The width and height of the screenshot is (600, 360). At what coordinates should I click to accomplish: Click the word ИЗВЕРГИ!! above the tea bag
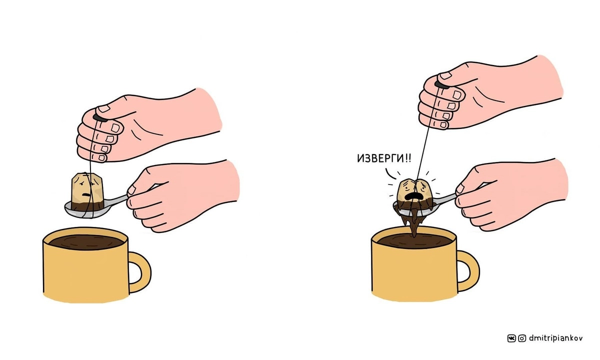pos(384,158)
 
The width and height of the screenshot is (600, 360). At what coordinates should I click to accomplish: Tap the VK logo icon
pos(511,338)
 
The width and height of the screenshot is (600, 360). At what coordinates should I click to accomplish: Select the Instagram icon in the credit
pos(522,338)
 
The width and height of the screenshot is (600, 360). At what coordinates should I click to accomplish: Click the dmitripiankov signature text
pos(556,338)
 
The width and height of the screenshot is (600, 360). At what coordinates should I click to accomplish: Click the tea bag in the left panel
pos(87,191)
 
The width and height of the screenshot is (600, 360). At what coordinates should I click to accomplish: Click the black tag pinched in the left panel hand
pos(100,118)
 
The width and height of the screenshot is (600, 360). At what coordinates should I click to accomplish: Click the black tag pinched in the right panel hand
pos(442,85)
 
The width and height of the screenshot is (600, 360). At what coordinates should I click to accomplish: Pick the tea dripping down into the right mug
pos(414,224)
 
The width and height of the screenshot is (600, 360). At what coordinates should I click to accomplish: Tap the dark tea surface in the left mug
pos(86,242)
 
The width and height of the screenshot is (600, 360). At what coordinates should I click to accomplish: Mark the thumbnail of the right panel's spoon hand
pos(459,189)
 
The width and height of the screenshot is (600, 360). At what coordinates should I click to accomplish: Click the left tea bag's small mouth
pos(86,194)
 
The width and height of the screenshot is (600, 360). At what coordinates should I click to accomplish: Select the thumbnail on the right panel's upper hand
pos(445,75)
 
